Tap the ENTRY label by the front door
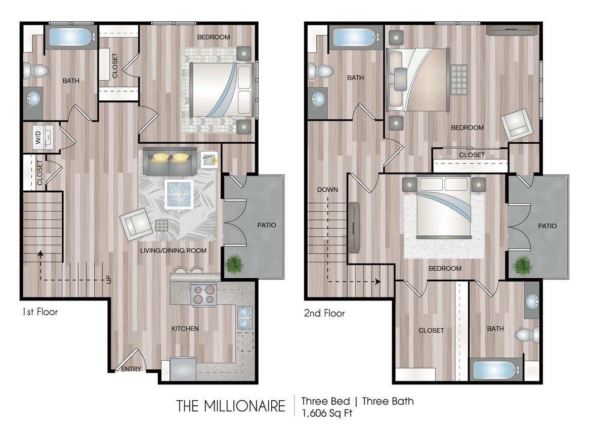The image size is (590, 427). (131, 369)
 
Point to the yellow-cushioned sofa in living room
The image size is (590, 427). (170, 160)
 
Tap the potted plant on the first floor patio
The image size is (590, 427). (234, 264)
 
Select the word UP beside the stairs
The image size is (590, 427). (109, 279)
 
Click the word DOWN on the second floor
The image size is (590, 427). (327, 190)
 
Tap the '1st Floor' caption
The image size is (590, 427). (39, 312)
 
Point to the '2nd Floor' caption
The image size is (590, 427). (324, 313)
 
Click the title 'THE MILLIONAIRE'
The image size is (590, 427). (231, 406)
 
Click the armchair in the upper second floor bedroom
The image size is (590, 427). (517, 122)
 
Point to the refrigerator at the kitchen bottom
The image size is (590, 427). (183, 368)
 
